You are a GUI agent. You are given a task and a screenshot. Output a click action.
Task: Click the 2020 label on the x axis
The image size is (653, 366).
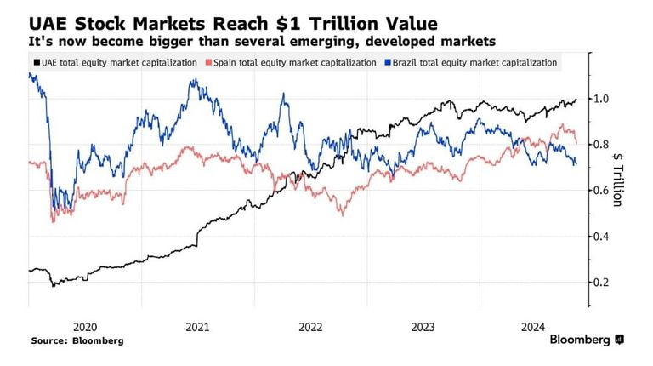(x=84, y=327)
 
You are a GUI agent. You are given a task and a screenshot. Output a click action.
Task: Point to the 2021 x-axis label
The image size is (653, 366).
(x=197, y=327)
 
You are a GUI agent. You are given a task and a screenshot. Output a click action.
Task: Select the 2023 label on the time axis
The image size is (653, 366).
(x=423, y=327)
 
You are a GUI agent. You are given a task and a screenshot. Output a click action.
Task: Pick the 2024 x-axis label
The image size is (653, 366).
(x=534, y=327)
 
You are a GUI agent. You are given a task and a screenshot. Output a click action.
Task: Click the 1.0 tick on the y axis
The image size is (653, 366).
(x=601, y=99)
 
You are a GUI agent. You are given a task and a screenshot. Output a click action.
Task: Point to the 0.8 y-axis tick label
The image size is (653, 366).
(x=601, y=145)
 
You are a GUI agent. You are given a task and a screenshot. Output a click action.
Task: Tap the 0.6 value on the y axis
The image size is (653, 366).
(x=601, y=191)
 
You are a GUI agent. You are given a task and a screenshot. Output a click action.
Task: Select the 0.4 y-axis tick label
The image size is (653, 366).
(x=601, y=237)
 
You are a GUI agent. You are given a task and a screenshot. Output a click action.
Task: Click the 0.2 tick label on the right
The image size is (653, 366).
(x=601, y=283)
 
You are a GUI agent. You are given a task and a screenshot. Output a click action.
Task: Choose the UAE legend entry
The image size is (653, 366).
(x=114, y=62)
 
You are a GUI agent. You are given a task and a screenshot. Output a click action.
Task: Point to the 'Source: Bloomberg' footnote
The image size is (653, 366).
(x=77, y=340)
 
